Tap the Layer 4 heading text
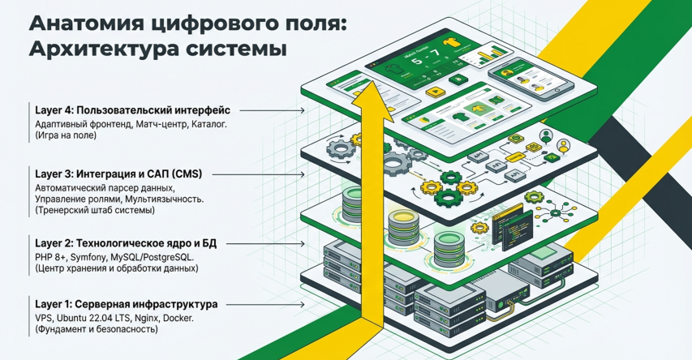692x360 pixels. click(x=134, y=110)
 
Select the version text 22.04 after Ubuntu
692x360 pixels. click(x=109, y=319)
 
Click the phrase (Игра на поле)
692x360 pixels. click(x=67, y=136)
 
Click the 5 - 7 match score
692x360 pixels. click(x=423, y=59)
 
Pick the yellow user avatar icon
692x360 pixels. click(x=561, y=147)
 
